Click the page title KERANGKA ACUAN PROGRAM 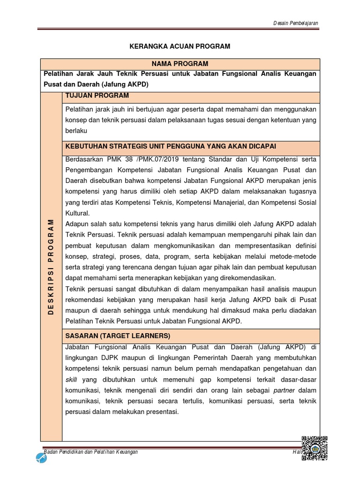[x=180, y=46]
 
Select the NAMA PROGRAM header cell [x=180, y=64]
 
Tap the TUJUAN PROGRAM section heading [x=97, y=96]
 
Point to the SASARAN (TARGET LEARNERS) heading [x=118, y=336]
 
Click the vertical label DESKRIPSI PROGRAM [x=51, y=267]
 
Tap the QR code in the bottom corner [x=314, y=449]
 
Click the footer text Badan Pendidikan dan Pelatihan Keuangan [x=90, y=452]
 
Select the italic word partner [x=285, y=390]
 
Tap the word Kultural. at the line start [x=77, y=212]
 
